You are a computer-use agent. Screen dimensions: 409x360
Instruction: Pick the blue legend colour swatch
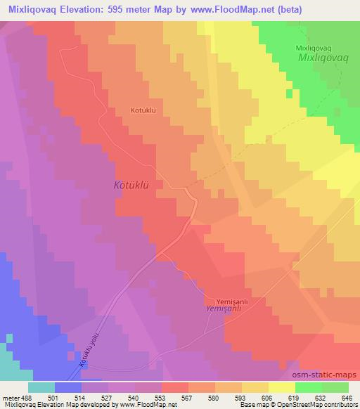tap(67, 387)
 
